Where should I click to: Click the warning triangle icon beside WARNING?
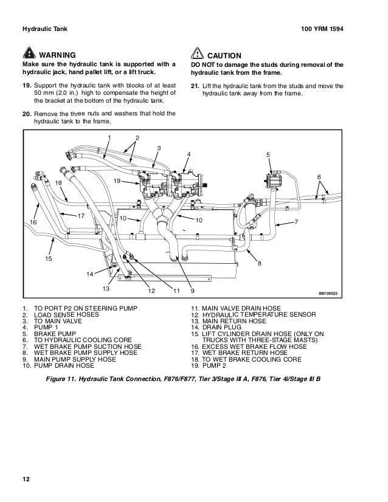(x=29, y=54)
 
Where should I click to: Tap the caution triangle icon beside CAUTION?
(x=198, y=54)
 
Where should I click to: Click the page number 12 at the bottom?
(x=26, y=480)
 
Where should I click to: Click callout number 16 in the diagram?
(x=33, y=223)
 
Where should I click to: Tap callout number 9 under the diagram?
(x=184, y=291)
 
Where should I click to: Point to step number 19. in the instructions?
(x=26, y=84)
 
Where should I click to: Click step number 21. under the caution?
(x=195, y=84)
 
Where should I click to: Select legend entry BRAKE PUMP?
(x=54, y=334)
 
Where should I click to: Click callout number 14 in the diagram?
(x=89, y=274)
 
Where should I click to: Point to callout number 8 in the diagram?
(x=259, y=263)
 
